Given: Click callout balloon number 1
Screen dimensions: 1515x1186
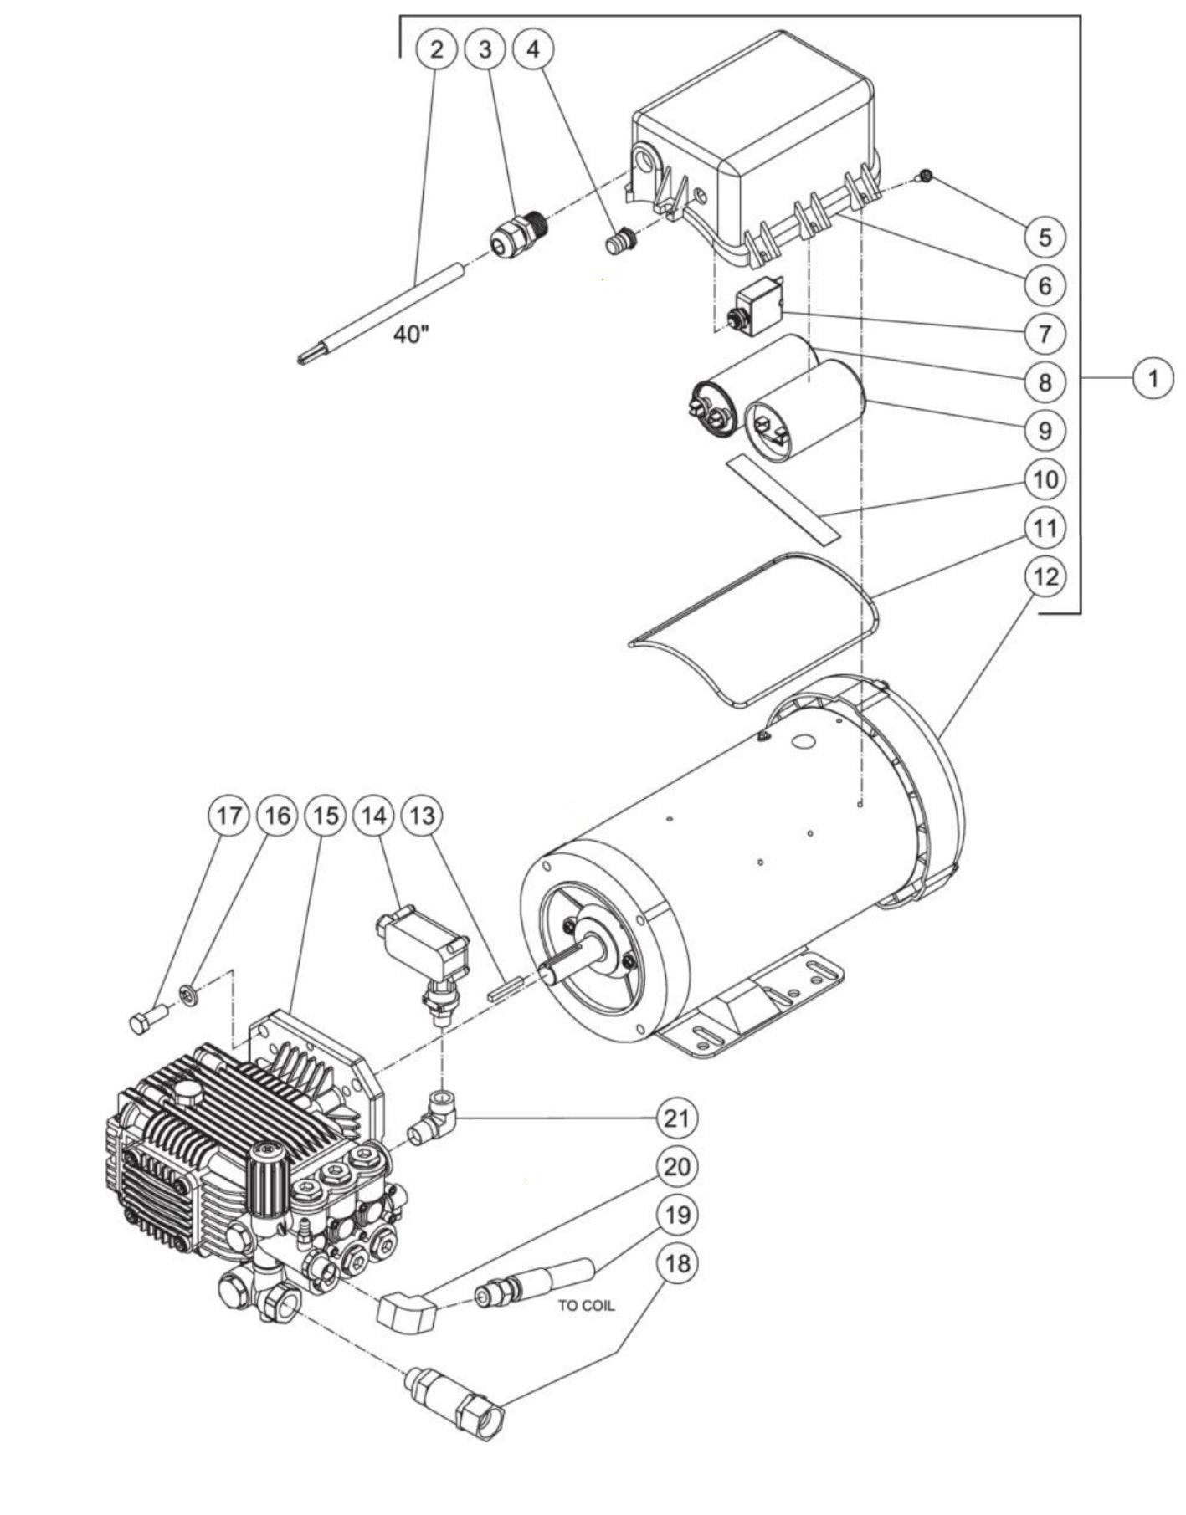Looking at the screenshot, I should tap(1153, 378).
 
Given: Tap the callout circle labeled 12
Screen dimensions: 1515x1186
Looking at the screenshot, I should tap(1045, 576).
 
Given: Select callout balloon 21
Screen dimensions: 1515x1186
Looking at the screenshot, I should tap(676, 1118).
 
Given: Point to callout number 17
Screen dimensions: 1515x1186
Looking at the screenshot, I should tap(229, 815).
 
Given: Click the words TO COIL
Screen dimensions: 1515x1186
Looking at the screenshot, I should tap(586, 1305).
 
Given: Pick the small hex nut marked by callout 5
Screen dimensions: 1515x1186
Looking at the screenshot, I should tap(926, 177).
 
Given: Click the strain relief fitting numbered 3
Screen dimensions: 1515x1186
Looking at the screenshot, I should tap(518, 235).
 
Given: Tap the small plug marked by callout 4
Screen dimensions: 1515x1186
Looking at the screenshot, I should tap(620, 242).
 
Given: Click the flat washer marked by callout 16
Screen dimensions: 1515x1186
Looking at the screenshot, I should tap(190, 994).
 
